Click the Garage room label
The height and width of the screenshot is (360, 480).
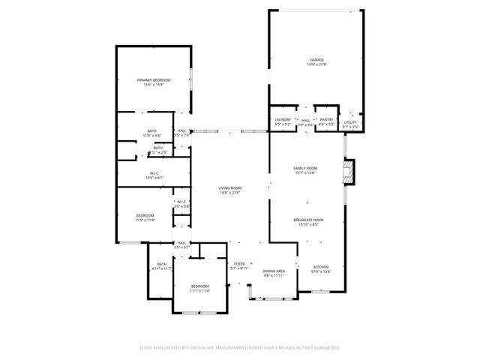pos(317,59)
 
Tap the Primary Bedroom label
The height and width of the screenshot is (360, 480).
pos(153,79)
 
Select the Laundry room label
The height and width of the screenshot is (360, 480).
pos(283,119)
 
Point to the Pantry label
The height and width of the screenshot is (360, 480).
pos(326,119)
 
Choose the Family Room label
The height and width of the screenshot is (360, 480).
pos(305,168)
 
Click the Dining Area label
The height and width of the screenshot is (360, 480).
pos(274,271)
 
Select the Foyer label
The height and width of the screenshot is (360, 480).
pos(239,264)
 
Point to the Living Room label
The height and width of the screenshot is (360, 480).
pos(230,187)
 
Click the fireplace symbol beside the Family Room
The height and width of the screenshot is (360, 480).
pos(348,172)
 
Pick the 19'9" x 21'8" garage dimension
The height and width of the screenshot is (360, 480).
pos(317,64)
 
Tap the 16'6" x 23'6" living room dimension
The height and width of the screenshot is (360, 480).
pos(230,193)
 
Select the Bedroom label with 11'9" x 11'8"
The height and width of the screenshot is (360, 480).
pos(145,215)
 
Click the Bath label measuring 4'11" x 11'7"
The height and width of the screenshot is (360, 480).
pos(161,263)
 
